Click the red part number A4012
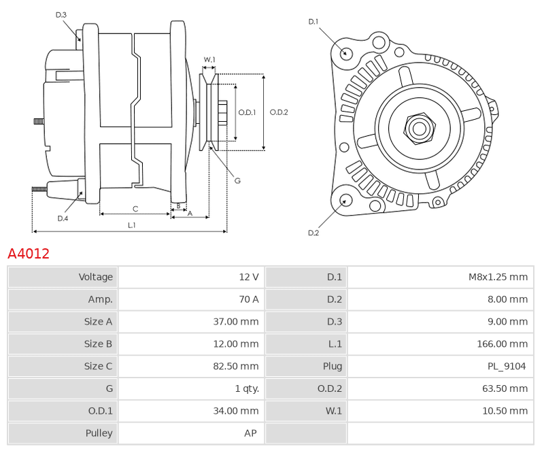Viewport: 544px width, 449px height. point(29,254)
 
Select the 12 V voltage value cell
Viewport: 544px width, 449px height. point(191,277)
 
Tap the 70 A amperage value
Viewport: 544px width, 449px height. point(249,299)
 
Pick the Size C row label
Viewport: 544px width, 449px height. point(98,366)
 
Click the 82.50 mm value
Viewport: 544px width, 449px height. point(236,366)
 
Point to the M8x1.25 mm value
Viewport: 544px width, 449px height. point(498,277)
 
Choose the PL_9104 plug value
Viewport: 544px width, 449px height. point(507,366)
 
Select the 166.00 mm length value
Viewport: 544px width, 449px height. point(503,344)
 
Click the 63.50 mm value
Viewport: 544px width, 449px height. point(505,388)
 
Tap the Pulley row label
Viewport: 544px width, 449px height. point(99,433)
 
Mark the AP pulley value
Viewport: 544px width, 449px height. point(250,433)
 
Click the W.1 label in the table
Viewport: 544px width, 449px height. point(333,411)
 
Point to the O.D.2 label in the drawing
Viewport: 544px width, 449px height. point(279,112)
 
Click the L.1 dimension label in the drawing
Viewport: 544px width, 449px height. point(131,225)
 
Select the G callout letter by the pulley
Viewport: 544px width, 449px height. point(237,181)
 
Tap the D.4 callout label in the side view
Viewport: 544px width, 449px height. point(63,218)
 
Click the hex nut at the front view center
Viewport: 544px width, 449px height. point(420,129)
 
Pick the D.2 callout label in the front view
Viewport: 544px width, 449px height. point(313,233)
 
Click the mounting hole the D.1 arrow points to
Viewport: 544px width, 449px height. point(345,54)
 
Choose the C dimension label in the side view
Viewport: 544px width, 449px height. point(135,209)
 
